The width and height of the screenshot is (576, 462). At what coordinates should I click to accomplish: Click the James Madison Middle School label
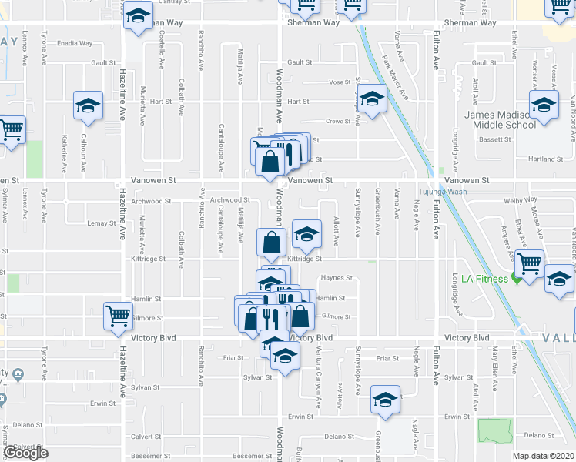tap(500, 120)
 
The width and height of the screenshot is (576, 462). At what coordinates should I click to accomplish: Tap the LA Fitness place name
tap(484, 279)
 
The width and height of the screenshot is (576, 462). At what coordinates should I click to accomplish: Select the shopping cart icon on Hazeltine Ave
tap(118, 315)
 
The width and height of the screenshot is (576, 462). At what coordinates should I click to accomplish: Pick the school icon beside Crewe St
tap(372, 100)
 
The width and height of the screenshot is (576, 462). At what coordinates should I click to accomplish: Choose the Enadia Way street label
tap(75, 43)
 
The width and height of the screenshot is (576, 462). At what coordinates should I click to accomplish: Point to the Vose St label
tap(340, 82)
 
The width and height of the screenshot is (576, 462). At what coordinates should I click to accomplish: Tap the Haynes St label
tap(336, 278)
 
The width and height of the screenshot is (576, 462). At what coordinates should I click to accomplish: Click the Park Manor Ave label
tap(395, 75)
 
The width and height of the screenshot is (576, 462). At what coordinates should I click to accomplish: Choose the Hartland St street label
tap(550, 159)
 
